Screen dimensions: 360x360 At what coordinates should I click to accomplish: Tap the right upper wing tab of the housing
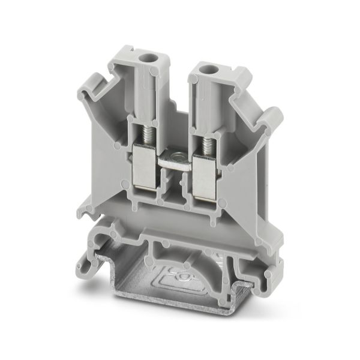click(271, 120)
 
